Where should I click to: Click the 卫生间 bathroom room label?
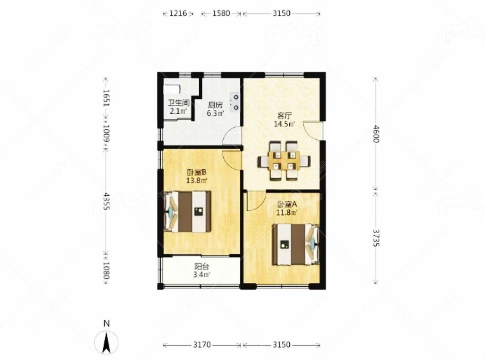[x=178, y=103]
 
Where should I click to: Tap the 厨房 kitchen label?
[x=215, y=105]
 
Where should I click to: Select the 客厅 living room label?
[x=285, y=116]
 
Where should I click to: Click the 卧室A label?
[x=287, y=204]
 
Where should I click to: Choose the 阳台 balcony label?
[x=202, y=266]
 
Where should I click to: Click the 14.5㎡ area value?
[x=284, y=124]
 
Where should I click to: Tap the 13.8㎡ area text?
[x=197, y=180]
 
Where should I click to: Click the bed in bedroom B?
[x=188, y=212]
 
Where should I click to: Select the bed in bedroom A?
[x=296, y=244]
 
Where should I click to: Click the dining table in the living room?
[x=284, y=161]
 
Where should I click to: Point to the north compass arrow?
[x=106, y=342]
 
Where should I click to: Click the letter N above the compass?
[x=107, y=323]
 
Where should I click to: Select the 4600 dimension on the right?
[x=375, y=134]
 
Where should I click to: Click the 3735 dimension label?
[x=375, y=238]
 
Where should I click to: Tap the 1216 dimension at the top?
[x=178, y=13]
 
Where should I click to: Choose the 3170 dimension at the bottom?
[x=202, y=344]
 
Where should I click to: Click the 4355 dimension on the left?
[x=106, y=201]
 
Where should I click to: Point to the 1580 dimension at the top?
[x=221, y=13]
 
